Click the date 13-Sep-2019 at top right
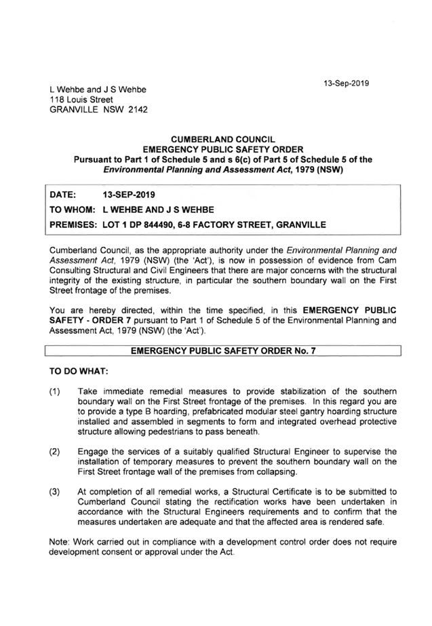pos(346,83)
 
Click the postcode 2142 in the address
pos(138,110)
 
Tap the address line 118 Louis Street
pos(81,100)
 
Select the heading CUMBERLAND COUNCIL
pos(223,140)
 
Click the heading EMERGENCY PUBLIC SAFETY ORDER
pos(223,150)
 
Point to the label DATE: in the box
pos(62,195)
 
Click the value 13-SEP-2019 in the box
pos(129,195)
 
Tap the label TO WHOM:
pos(73,210)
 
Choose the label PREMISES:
pos(73,224)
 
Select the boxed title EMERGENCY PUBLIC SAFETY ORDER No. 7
pos(223,351)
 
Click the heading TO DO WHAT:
pos(79,371)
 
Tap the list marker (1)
pos(55,391)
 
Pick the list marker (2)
pos(55,452)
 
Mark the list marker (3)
pos(55,492)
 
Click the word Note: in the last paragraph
pos(60,542)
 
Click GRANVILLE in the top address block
pos(74,110)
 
